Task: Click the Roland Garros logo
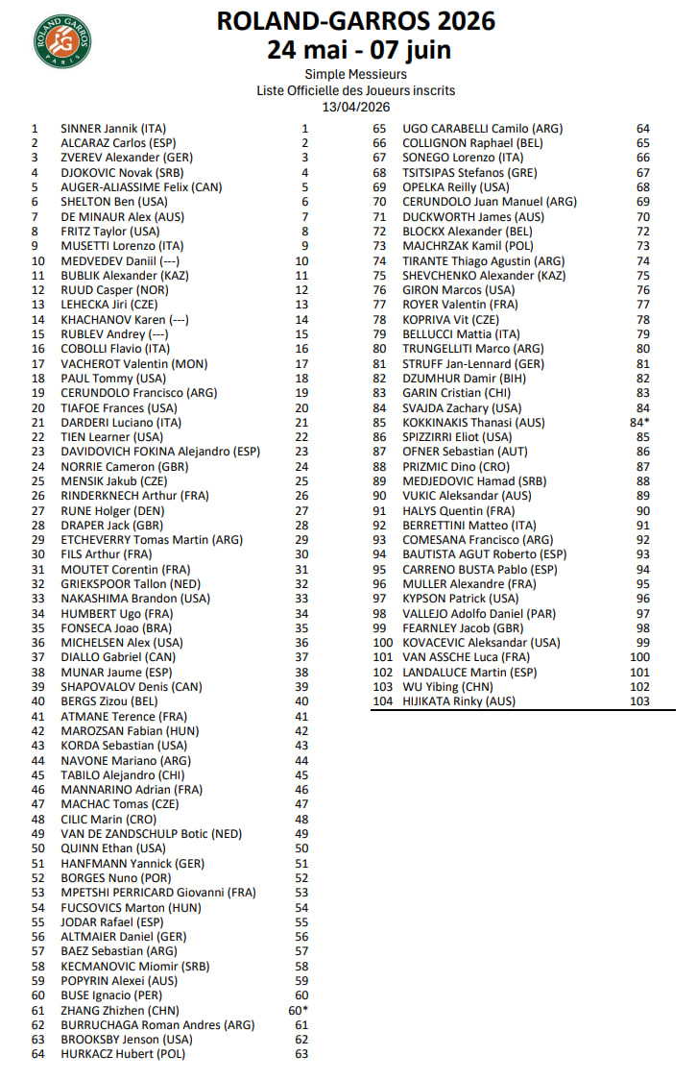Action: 63,40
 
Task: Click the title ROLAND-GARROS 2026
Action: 355,22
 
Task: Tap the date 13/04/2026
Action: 355,107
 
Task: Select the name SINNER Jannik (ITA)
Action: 113,128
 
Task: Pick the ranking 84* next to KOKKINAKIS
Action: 640,422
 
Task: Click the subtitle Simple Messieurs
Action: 355,74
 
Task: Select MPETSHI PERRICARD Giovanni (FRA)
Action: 158,892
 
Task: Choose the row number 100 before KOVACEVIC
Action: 383,643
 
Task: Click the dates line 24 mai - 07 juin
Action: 355,49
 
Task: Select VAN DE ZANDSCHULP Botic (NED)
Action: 152,833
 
